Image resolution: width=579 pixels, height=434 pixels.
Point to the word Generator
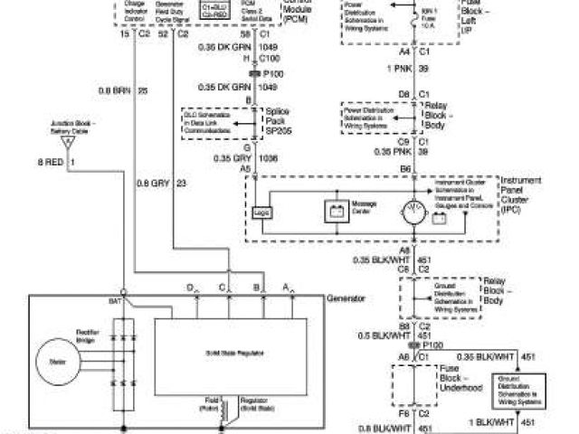(346, 297)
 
